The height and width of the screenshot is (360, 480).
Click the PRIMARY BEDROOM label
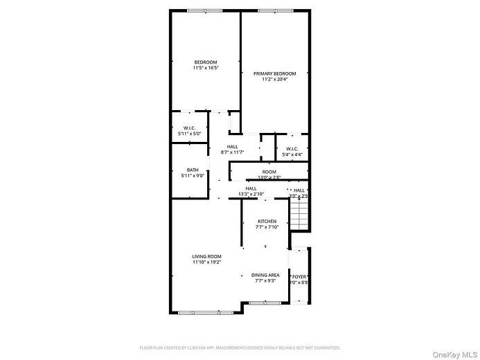(x=274, y=73)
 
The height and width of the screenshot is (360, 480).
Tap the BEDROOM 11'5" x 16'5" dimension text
(x=206, y=68)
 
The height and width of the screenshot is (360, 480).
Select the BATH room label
(x=193, y=170)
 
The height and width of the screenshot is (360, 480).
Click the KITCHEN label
(x=267, y=222)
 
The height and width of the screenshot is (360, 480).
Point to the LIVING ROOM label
(x=206, y=257)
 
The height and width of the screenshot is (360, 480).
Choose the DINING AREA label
(x=265, y=275)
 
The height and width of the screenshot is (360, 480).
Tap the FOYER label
(x=300, y=276)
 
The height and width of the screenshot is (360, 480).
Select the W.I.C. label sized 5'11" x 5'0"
(x=190, y=128)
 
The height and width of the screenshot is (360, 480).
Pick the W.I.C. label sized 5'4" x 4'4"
(x=292, y=148)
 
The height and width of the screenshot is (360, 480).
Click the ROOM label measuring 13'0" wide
(x=269, y=172)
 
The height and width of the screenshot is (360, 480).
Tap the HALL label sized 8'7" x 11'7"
(x=232, y=147)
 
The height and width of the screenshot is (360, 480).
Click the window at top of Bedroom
(x=205, y=10)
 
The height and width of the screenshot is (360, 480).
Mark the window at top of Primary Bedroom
(x=274, y=10)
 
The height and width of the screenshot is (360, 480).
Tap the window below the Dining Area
(x=266, y=303)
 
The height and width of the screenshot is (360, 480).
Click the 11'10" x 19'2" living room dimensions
(x=206, y=262)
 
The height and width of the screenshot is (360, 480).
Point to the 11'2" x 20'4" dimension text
(x=274, y=79)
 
